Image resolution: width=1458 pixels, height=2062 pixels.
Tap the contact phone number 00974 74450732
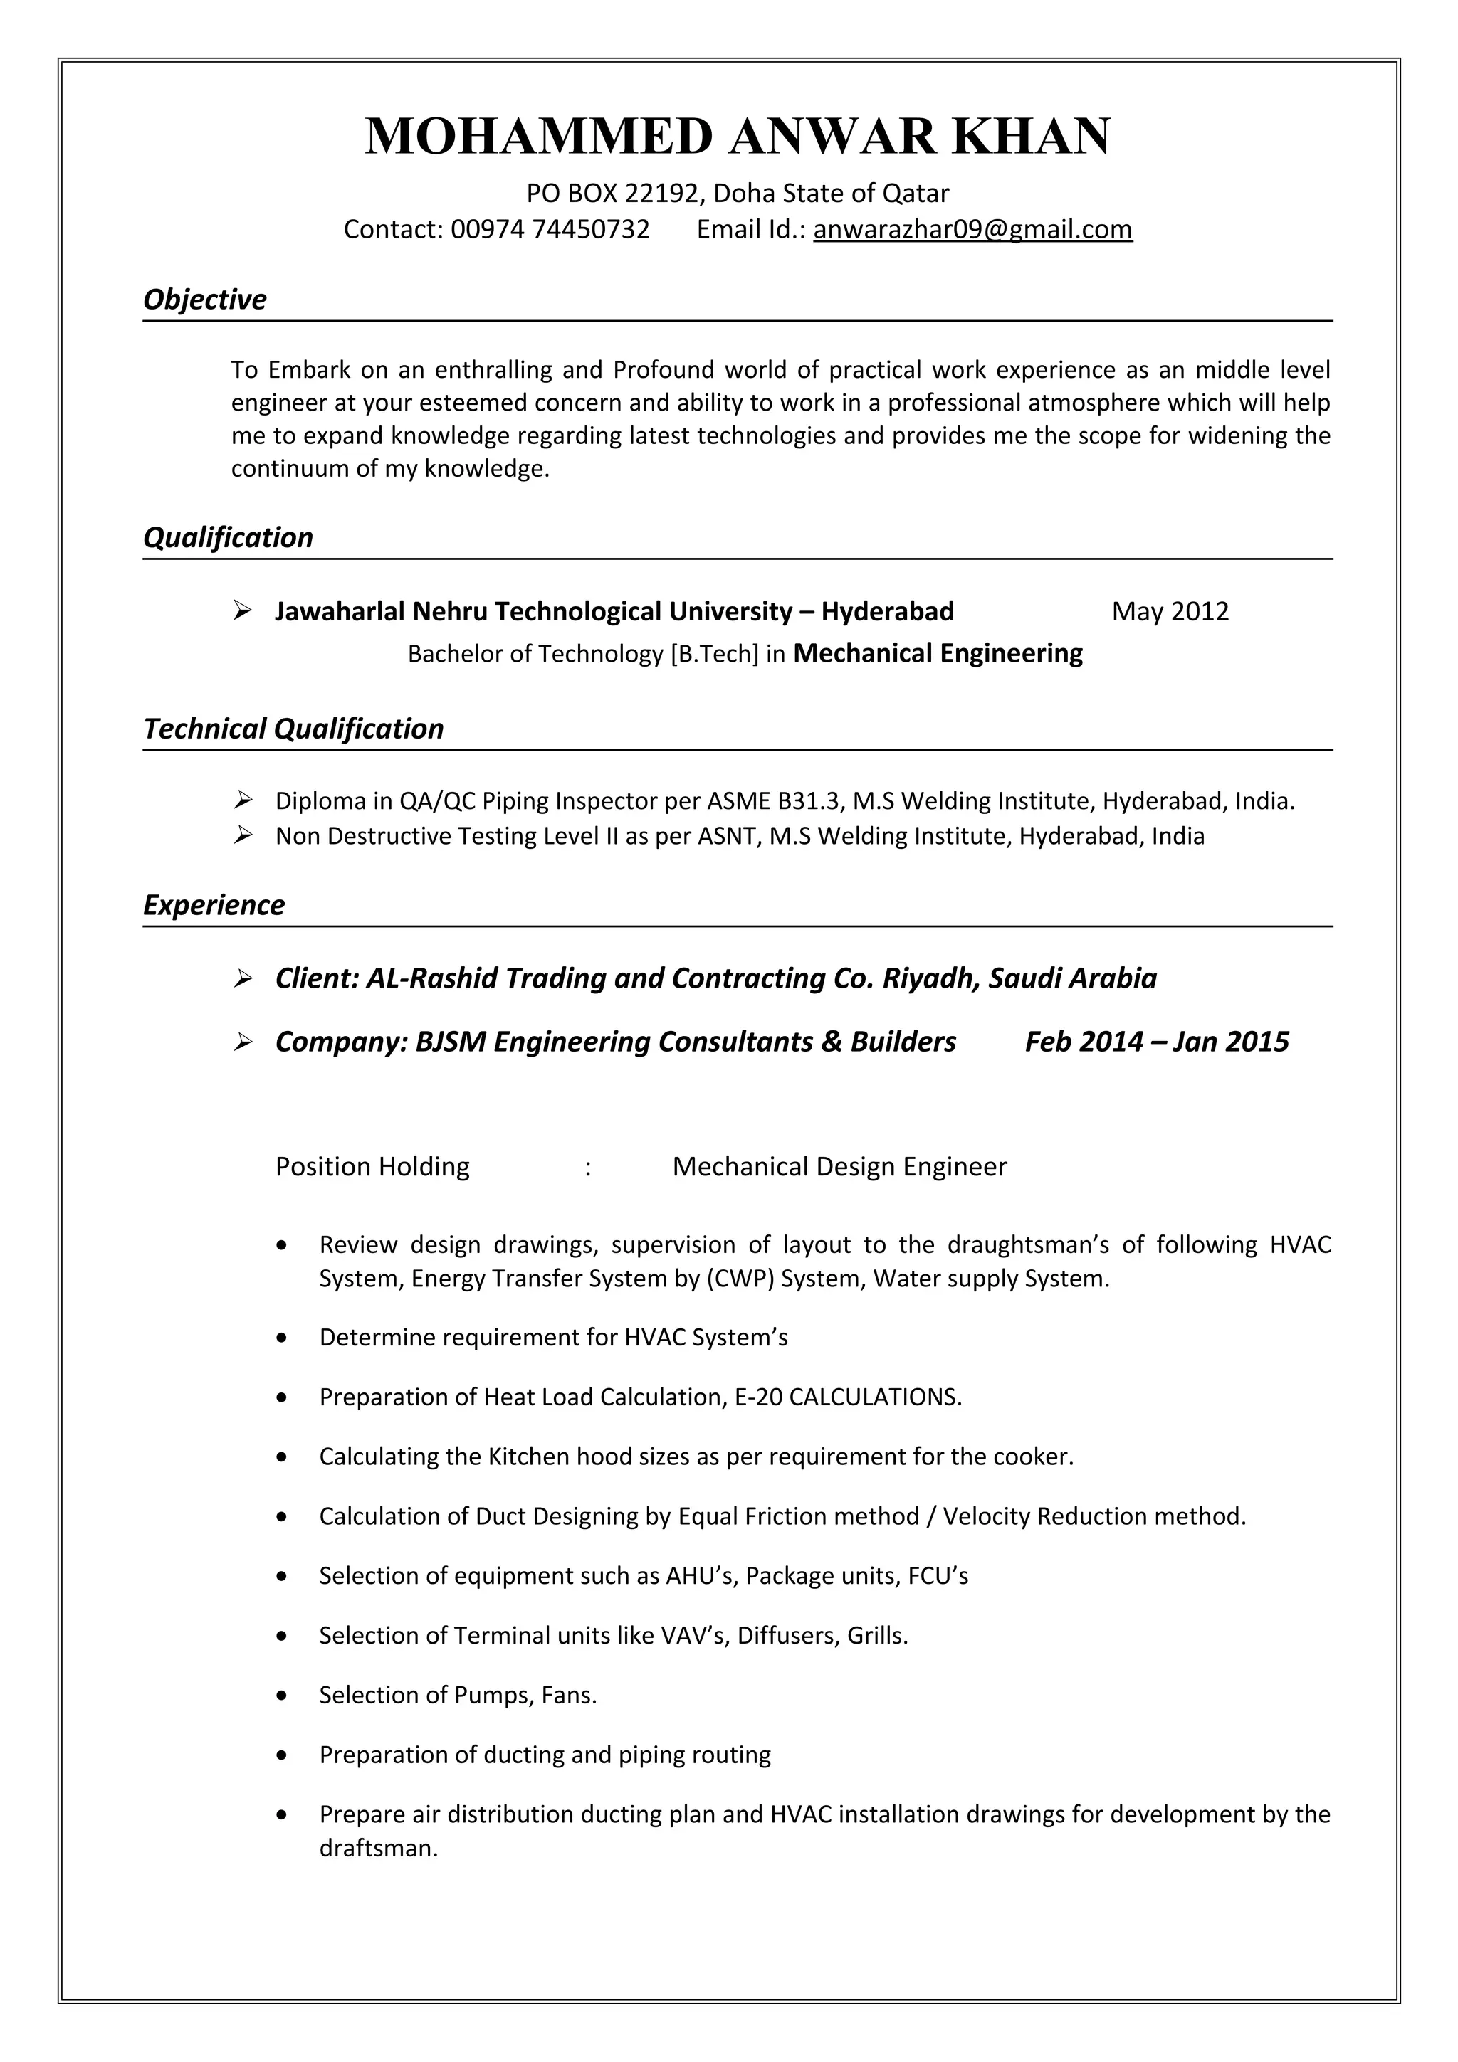(550, 230)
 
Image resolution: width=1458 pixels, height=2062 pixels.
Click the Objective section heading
(205, 299)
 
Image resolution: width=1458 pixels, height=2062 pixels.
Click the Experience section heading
(214, 904)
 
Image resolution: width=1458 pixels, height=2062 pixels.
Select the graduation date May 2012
(1170, 612)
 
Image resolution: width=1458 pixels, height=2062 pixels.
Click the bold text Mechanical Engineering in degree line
(938, 653)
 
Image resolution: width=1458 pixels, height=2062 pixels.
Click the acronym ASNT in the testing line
(726, 837)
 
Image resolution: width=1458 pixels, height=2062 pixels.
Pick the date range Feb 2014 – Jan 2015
(1156, 1042)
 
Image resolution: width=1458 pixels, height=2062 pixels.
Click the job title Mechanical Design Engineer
(839, 1167)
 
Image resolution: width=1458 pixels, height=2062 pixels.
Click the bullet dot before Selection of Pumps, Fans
(282, 1696)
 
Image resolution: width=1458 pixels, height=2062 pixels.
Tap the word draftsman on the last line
(377, 1849)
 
